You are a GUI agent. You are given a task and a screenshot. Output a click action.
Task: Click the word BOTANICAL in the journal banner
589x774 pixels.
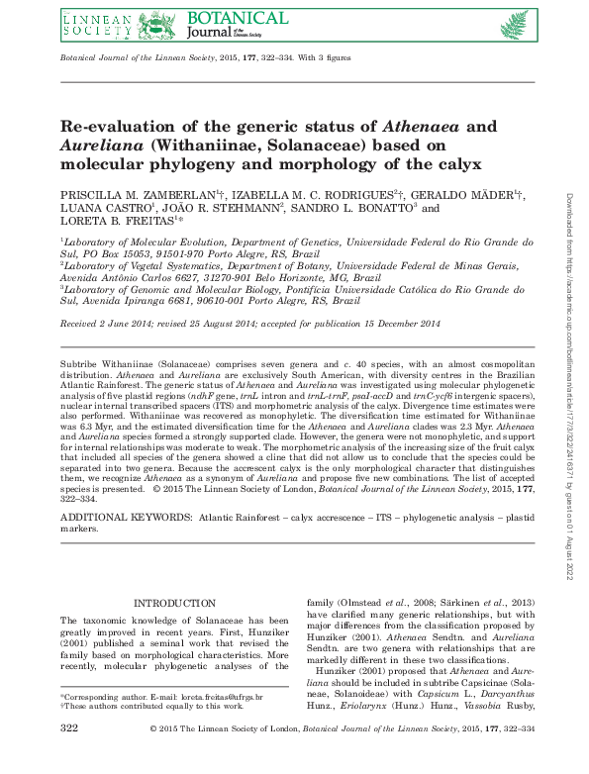coord(234,19)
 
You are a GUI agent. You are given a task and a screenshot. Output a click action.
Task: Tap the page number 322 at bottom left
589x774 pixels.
coord(70,757)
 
